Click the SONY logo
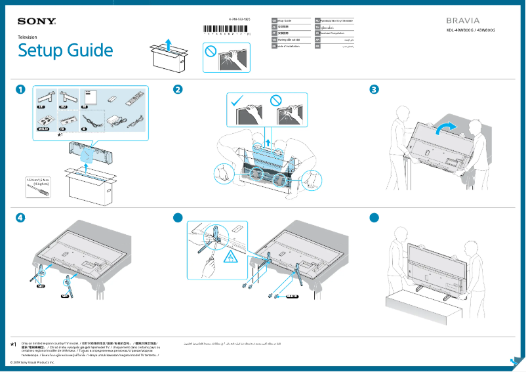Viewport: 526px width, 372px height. click(36, 22)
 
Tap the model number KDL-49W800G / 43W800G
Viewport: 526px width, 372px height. click(467, 31)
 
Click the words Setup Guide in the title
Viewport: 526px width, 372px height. click(65, 51)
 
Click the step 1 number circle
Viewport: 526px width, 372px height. click(22, 90)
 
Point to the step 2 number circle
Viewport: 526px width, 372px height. click(178, 90)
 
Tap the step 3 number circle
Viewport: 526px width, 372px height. click(374, 90)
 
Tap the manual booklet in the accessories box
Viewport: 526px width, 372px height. click(90, 96)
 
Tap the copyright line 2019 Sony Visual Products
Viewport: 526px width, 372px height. click(30, 362)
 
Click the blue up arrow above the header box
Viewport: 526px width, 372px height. click(169, 43)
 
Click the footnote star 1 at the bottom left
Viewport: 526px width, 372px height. click(14, 344)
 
